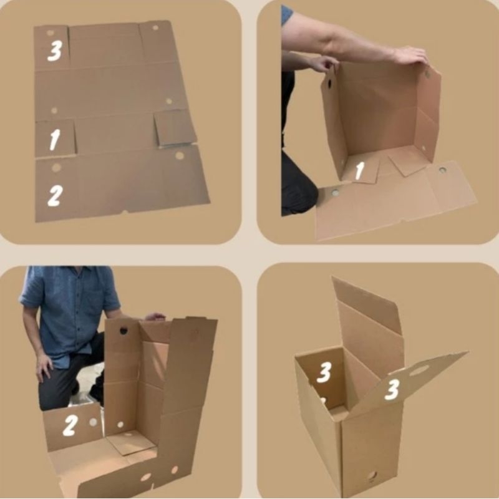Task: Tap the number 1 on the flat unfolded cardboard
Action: click(54, 139)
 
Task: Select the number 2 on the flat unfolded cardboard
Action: click(55, 195)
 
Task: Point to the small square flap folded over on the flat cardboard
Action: click(175, 128)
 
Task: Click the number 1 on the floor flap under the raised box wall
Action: click(360, 170)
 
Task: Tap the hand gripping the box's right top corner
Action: click(410, 56)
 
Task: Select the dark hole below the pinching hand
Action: click(329, 84)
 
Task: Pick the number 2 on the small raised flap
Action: click(70, 425)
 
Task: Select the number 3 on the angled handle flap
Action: click(392, 390)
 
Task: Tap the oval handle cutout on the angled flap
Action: click(419, 371)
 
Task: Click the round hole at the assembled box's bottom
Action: click(372, 476)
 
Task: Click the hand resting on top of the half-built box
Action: click(155, 316)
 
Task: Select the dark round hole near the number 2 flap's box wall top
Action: click(124, 331)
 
